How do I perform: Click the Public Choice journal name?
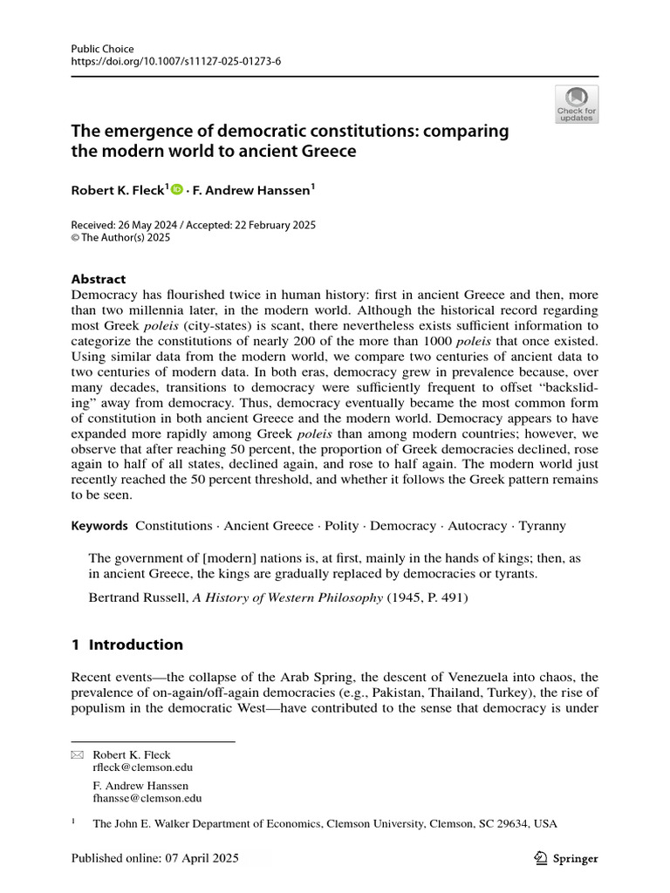103,50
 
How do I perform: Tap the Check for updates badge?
577,104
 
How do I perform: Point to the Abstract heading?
98,279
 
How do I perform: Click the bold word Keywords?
99,526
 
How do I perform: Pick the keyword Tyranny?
542,526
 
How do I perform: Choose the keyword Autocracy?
476,526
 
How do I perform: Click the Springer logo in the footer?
564,858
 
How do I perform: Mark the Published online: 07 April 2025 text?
154,858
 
